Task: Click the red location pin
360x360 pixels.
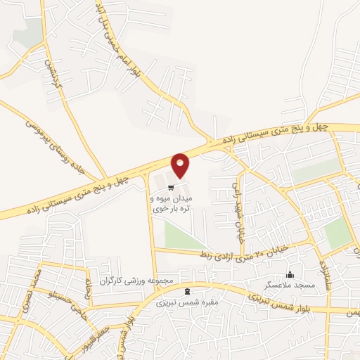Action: [181, 165]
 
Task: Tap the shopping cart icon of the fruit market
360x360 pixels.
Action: [170, 186]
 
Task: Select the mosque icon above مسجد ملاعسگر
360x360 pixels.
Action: [289, 274]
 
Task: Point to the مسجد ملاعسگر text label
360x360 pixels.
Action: [288, 285]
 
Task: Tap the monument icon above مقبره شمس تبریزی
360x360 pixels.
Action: [186, 290]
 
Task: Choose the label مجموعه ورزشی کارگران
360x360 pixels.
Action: [136, 281]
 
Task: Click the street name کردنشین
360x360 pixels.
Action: [52, 73]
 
